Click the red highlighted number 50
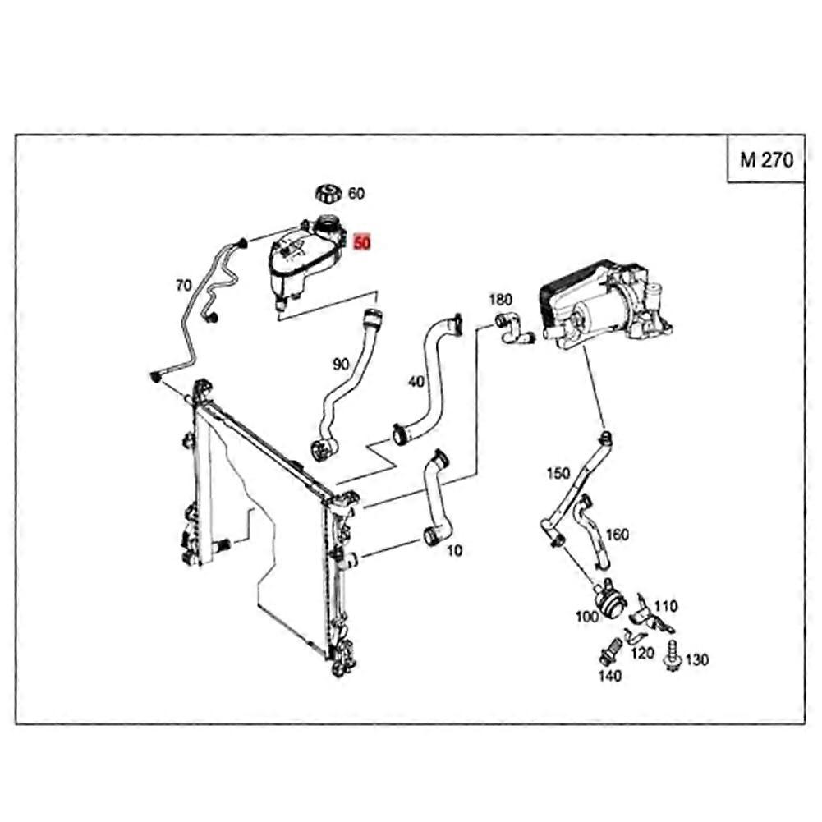361,243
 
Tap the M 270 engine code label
766,160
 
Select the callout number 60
356,194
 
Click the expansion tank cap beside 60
328,194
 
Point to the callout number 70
183,286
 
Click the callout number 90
341,363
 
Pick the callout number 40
416,382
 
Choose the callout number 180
500,300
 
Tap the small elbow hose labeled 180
513,328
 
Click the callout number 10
454,550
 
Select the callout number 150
558,473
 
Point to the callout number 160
617,535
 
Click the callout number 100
586,617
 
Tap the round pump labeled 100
608,599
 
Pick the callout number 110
666,606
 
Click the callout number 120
642,653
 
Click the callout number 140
609,676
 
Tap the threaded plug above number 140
609,650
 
